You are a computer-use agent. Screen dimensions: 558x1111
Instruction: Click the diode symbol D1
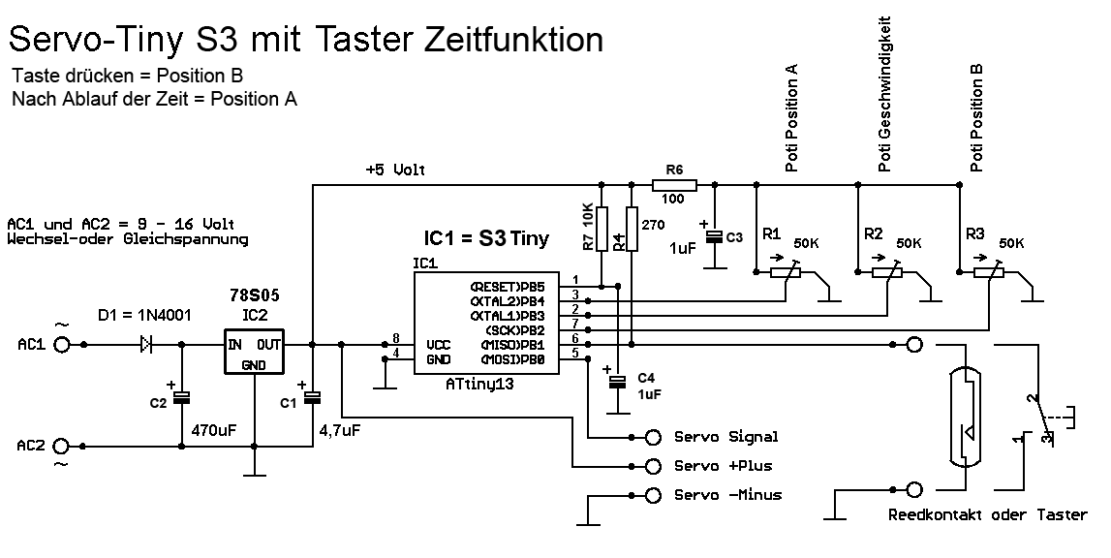[146, 343]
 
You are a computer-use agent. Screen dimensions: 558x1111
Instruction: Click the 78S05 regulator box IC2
[253, 353]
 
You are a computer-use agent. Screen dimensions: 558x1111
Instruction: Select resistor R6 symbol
[673, 183]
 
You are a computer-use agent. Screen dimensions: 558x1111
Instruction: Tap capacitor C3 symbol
[714, 236]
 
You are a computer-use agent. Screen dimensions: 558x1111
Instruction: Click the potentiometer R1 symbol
[787, 273]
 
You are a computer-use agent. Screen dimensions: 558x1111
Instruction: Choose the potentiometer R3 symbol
[989, 273]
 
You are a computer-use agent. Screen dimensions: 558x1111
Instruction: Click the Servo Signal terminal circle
[654, 436]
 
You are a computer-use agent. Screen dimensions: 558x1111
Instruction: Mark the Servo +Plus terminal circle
[654, 465]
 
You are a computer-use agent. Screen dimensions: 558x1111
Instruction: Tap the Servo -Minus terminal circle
[654, 495]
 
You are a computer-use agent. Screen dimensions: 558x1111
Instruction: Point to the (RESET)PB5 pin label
[508, 286]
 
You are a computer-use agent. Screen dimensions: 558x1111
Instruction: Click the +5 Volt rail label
[395, 170]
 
